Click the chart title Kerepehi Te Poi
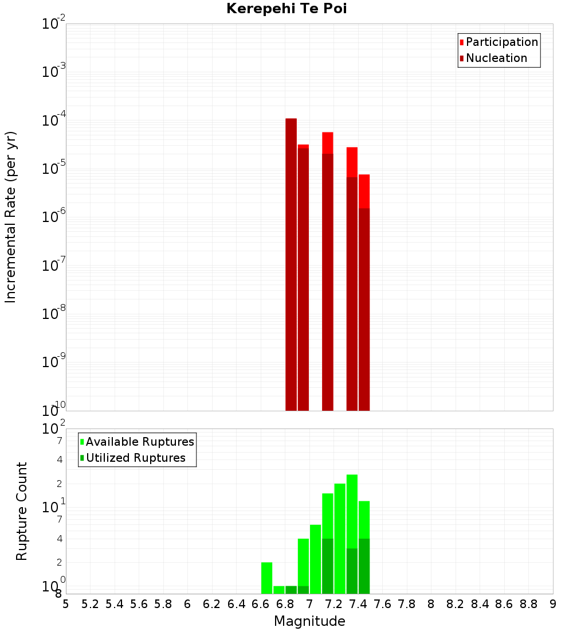pos(286,9)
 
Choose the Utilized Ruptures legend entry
pos(135,458)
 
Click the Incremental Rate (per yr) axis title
pos(10,217)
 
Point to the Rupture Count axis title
pos(22,511)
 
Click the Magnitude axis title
pos(309,621)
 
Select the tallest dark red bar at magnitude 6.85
pos(291,264)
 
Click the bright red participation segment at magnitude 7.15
pos(328,143)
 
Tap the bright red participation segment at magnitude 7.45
pos(364,191)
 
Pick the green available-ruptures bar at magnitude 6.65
pos(266,578)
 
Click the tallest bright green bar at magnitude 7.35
pos(352,511)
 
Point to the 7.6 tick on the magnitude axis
pos(382,603)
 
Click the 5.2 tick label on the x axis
pos(90,603)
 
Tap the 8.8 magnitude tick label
pos(528,603)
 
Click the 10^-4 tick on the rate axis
pos(54,121)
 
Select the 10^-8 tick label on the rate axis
pos(54,314)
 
